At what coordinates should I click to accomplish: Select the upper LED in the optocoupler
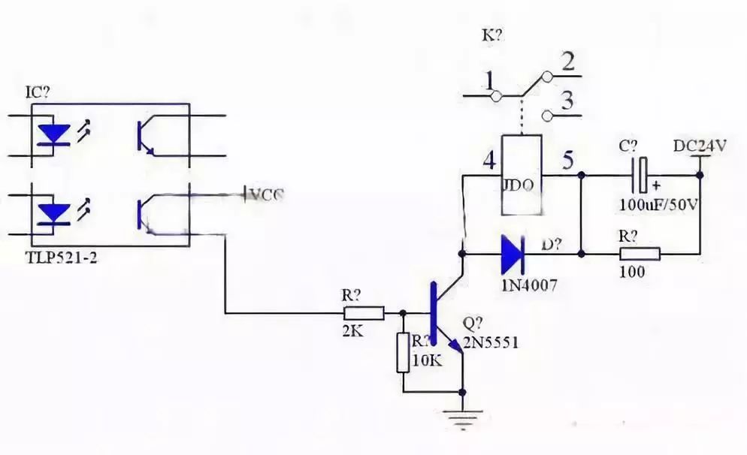pyautogui.click(x=55, y=133)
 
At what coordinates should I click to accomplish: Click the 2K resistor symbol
pyautogui.click(x=364, y=313)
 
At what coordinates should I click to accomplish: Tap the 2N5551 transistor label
pyautogui.click(x=491, y=343)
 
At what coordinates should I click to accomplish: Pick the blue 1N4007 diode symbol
pyautogui.click(x=513, y=254)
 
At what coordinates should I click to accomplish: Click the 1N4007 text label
pyautogui.click(x=529, y=285)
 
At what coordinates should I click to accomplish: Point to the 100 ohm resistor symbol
pyautogui.click(x=639, y=254)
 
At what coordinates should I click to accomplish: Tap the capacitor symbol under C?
pyautogui.click(x=641, y=175)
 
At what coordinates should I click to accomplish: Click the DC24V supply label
pyautogui.click(x=700, y=146)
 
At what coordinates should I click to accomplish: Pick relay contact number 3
pyautogui.click(x=567, y=100)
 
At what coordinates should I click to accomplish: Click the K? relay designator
pyautogui.click(x=491, y=35)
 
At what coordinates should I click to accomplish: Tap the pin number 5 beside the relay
pyautogui.click(x=567, y=159)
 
